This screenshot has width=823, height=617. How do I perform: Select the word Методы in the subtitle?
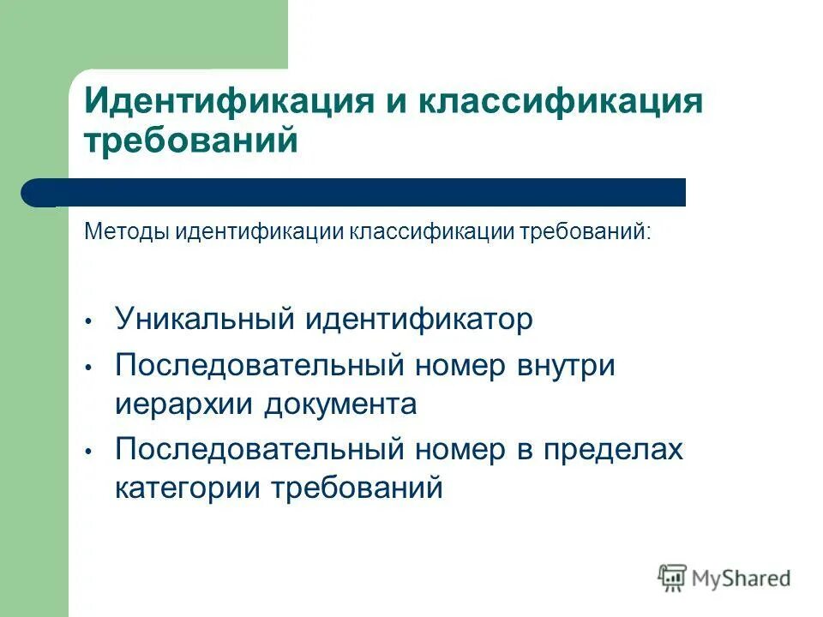coord(127,233)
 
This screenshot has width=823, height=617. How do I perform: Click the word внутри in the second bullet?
coord(566,366)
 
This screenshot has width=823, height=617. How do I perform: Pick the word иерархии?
coord(183,404)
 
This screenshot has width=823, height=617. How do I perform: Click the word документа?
coord(340,404)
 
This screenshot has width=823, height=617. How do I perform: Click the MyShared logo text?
coord(742,578)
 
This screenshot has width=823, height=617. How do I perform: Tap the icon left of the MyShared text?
coord(673,578)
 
